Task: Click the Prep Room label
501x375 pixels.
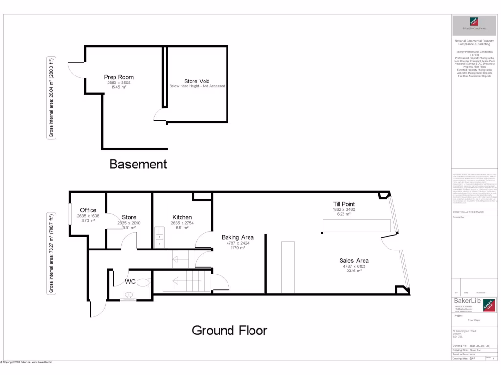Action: coord(118,77)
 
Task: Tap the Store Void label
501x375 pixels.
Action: coord(197,81)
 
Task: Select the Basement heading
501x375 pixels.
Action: coord(138,164)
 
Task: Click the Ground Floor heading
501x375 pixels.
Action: coord(229,331)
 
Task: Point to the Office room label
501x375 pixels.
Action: coord(88,210)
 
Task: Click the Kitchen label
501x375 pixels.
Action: coord(182,217)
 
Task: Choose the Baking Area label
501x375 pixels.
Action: coord(237,237)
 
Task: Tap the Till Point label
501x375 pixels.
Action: coord(343,204)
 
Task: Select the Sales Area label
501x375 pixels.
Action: coord(354,260)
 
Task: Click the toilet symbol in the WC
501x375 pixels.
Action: coord(142,282)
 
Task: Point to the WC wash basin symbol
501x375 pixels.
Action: coord(128,295)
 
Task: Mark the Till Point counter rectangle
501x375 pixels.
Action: coord(357,226)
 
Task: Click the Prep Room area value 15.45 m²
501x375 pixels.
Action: coord(118,87)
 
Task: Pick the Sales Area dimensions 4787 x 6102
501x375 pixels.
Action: coord(354,266)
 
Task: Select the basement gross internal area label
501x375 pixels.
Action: coord(51,98)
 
